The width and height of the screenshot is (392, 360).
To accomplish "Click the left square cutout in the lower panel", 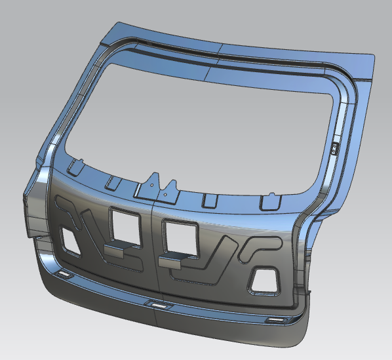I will pos(125,224).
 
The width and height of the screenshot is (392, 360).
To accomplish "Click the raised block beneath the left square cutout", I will pos(119,250).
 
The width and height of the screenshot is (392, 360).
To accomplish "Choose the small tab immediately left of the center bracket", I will pos(114,180).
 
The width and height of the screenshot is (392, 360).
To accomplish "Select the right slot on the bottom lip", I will pos(275,319).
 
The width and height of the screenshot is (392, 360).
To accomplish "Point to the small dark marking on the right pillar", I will pos(333,148).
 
